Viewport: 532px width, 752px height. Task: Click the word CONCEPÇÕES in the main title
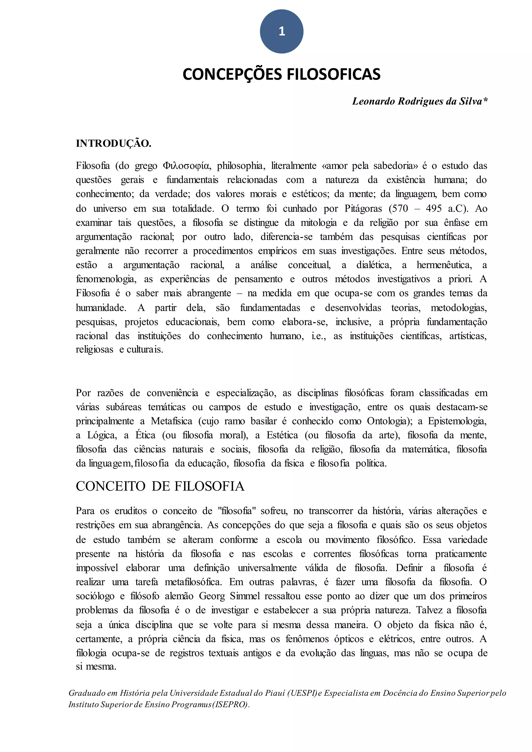[232, 74]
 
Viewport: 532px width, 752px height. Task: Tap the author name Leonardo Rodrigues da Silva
[417, 102]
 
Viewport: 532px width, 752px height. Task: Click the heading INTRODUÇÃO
[113, 143]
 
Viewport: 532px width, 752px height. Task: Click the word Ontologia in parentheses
[387, 421]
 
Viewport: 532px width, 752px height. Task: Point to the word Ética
[145, 435]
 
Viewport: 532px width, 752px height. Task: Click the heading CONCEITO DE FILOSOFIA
[160, 486]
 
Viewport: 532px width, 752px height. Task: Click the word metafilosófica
[193, 582]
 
